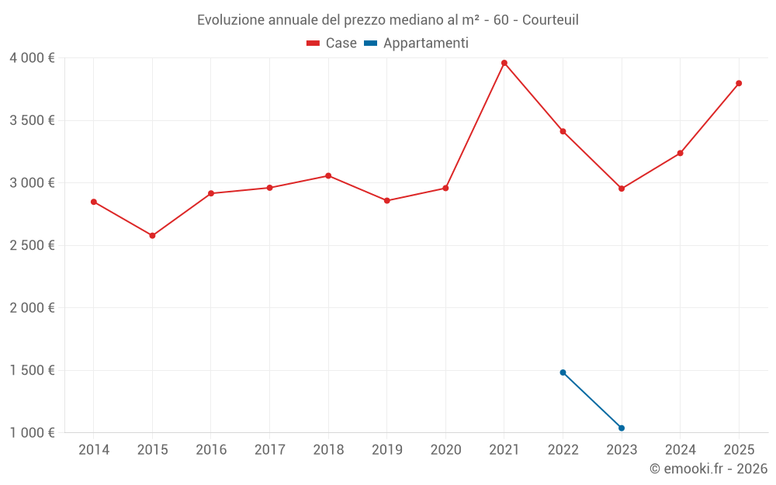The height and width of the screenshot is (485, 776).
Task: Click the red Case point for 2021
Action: [504, 63]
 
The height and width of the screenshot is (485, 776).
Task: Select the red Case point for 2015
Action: [152, 235]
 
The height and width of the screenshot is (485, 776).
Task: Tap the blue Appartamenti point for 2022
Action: [563, 372]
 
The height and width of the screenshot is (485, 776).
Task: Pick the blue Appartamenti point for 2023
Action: [622, 428]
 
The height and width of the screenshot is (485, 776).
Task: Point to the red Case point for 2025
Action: [739, 83]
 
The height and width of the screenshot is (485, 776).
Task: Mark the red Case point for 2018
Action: [328, 175]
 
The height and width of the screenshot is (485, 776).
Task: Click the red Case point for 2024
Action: [680, 153]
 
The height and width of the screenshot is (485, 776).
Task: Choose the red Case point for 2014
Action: [94, 202]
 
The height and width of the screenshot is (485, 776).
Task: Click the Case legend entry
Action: [332, 43]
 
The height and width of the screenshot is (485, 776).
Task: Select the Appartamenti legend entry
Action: [417, 43]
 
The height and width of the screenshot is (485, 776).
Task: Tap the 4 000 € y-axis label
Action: [32, 58]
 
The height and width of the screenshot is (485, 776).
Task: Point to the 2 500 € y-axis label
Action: [32, 245]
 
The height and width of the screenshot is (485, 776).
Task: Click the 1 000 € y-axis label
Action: [32, 433]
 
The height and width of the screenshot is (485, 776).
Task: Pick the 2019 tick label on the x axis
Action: [387, 450]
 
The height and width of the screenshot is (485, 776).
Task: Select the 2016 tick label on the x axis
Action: [211, 450]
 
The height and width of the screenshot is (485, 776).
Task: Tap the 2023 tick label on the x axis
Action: [622, 450]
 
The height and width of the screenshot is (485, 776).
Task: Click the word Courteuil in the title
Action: [550, 19]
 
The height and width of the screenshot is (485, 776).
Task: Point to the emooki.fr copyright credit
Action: [708, 469]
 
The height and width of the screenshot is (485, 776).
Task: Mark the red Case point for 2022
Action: [563, 131]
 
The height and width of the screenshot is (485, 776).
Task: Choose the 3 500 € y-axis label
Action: [32, 120]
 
